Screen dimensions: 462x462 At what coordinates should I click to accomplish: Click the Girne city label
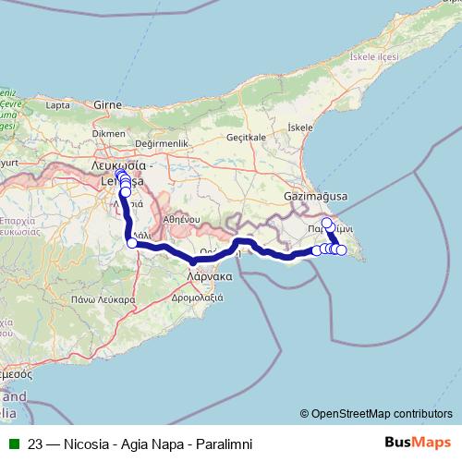click(x=109, y=105)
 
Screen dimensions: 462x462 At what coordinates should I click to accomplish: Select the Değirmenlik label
click(x=162, y=144)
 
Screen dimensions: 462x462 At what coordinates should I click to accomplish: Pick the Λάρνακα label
click(x=208, y=275)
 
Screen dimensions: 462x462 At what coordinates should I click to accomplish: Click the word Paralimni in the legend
click(x=219, y=444)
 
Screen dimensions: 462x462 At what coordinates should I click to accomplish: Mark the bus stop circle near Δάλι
click(x=131, y=244)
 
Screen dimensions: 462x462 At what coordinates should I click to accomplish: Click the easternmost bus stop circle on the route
click(x=342, y=250)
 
